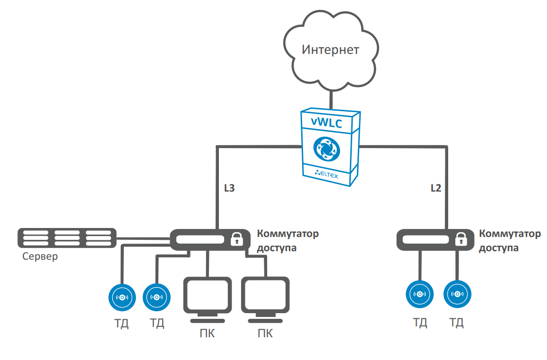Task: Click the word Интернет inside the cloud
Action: [330, 50]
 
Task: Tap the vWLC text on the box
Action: [327, 122]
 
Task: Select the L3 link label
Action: [229, 188]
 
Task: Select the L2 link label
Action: [435, 188]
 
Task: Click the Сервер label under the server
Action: [40, 257]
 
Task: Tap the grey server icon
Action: [67, 237]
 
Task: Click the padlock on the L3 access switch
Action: [236, 240]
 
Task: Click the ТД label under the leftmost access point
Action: [122, 324]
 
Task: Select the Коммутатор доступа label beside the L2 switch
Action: [509, 240]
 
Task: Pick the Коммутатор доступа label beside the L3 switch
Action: [287, 240]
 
